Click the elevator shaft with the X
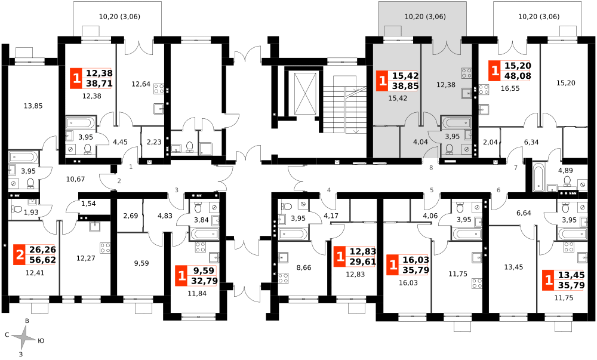305,94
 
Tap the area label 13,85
33,106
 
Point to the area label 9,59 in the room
141,263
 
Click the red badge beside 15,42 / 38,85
381,81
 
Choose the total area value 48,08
518,76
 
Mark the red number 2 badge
19,255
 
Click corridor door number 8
431,167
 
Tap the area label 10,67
75,179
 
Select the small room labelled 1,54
88,204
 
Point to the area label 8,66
304,267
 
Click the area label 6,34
531,142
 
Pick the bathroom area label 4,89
565,171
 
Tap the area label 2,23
154,142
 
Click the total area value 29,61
363,261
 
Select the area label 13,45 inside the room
513,267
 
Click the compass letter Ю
41,340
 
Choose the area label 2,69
131,216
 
